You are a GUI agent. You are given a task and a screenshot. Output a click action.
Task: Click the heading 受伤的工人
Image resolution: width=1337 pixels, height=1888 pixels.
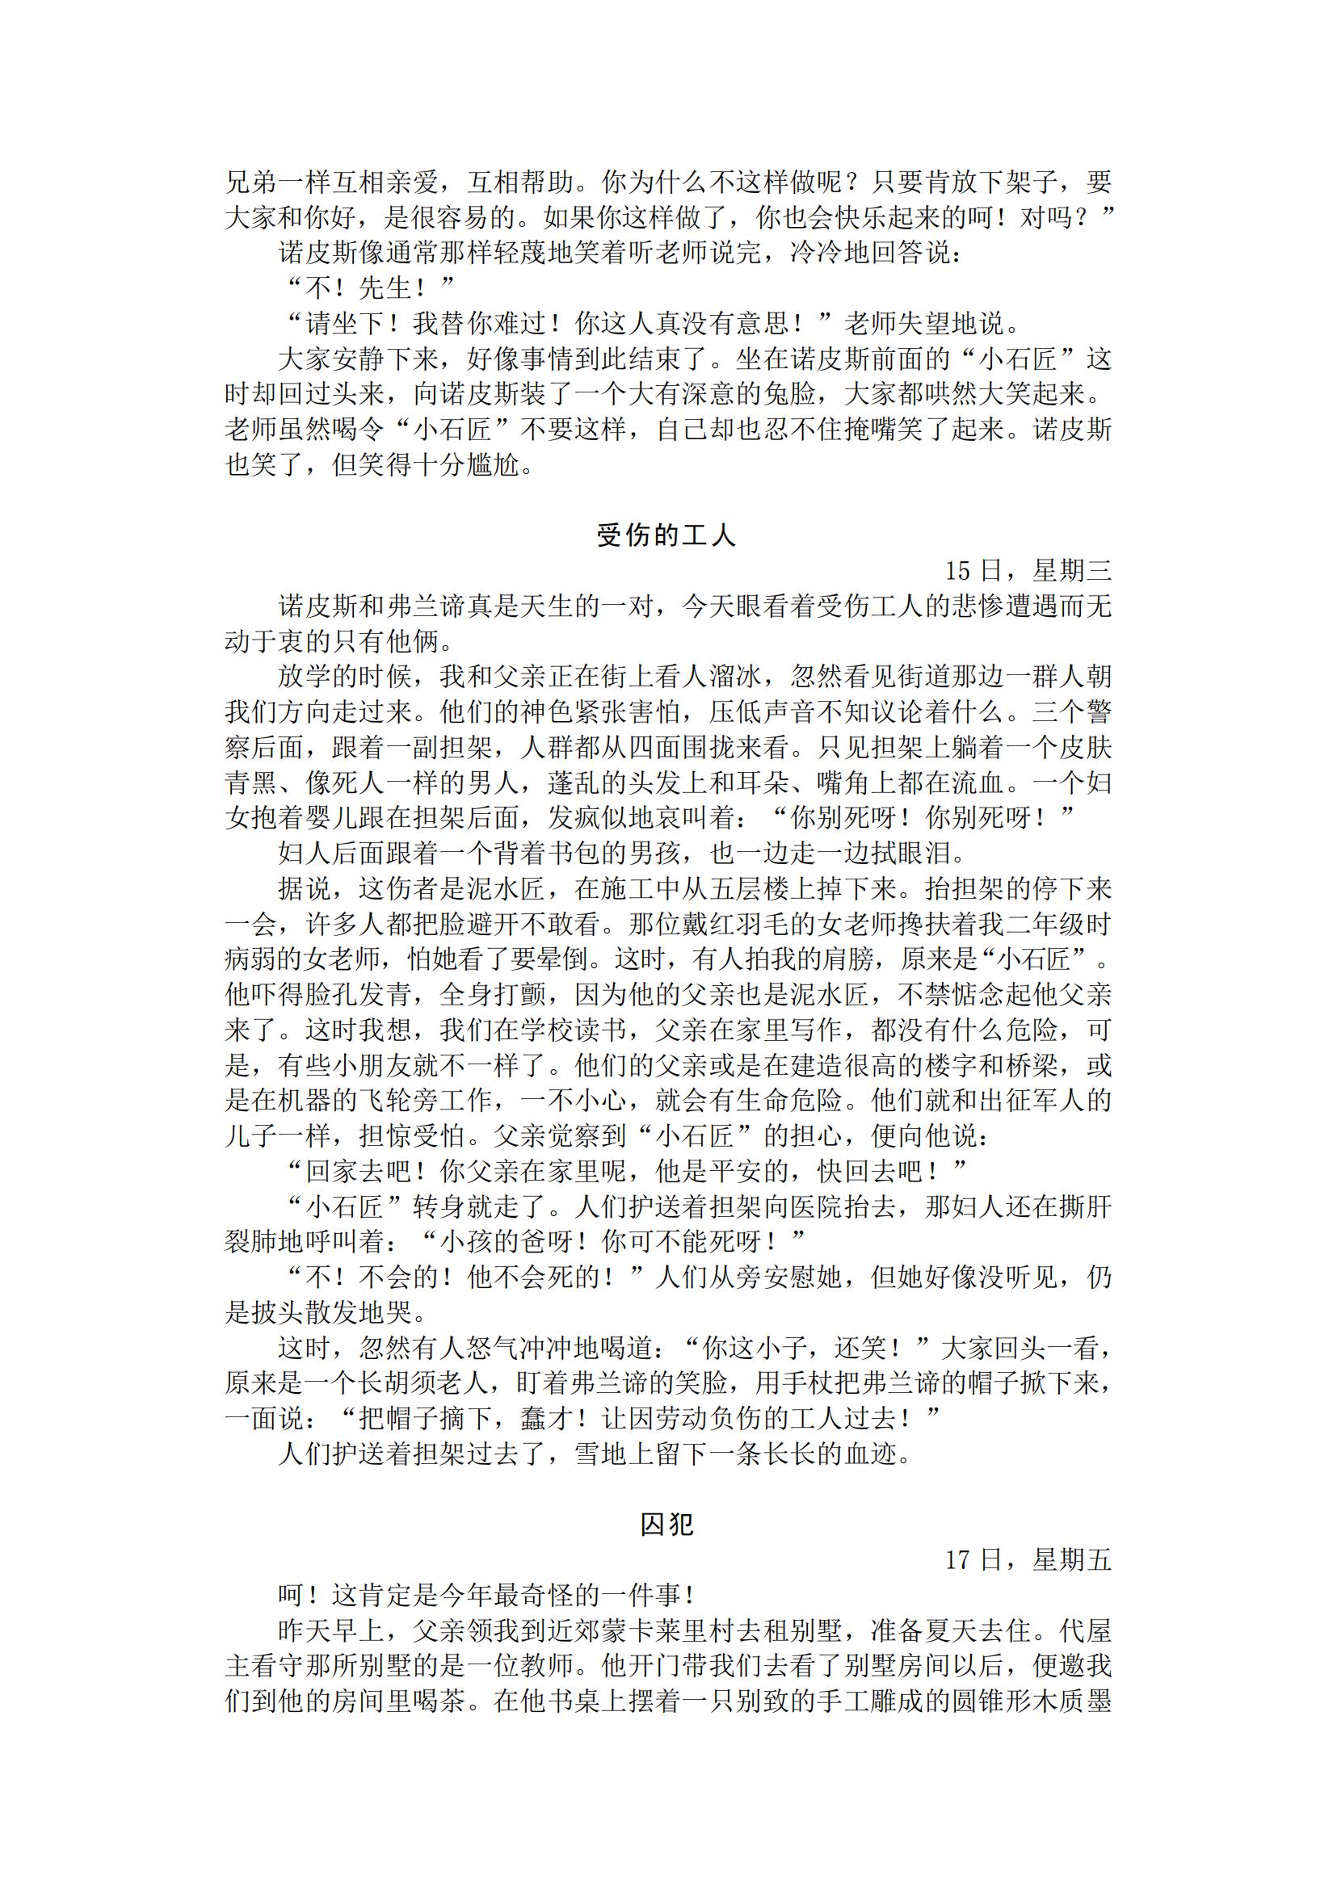(666, 535)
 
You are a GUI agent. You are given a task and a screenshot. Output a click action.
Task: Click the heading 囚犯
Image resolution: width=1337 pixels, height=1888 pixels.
(666, 1525)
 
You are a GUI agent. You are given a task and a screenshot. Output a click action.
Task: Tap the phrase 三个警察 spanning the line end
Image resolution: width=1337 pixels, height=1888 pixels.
(1070, 712)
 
